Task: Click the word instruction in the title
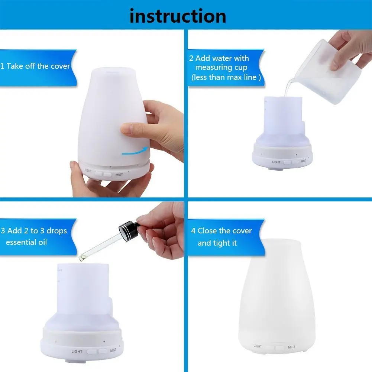(x=178, y=16)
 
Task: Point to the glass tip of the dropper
(x=82, y=258)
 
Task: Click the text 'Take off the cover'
(x=38, y=66)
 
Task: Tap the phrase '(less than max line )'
(x=226, y=77)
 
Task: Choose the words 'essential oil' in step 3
(x=26, y=242)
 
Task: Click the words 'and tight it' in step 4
(x=217, y=243)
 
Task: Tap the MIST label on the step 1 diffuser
(x=119, y=175)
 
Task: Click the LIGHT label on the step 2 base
(x=276, y=162)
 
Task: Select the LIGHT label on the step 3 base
(x=77, y=351)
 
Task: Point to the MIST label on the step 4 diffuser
(x=292, y=347)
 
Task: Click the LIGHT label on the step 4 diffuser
(x=258, y=346)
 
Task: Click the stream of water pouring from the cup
(x=289, y=87)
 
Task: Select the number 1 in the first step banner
(x=2, y=66)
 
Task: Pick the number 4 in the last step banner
(x=193, y=231)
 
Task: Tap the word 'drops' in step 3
(x=57, y=231)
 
